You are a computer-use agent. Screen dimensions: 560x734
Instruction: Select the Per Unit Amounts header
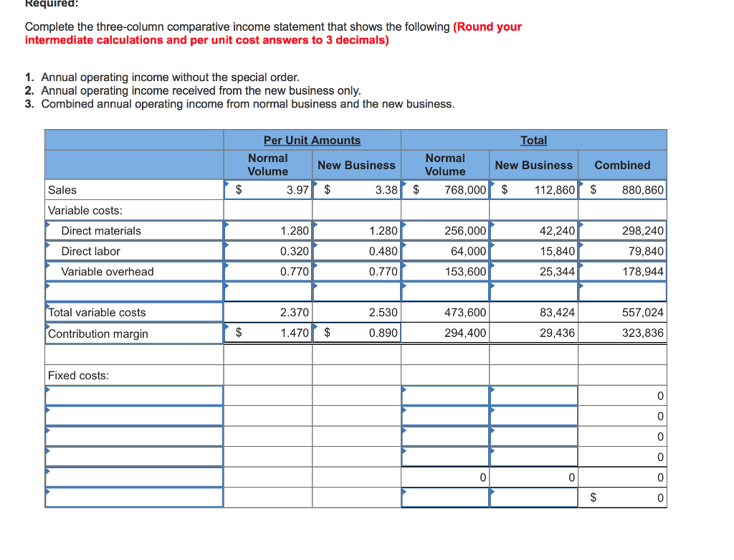(x=312, y=141)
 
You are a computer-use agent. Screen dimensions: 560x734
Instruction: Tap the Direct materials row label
(x=101, y=231)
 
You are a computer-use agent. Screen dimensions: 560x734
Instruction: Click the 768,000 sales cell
(x=465, y=190)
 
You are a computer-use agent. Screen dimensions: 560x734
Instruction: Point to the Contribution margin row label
(x=98, y=333)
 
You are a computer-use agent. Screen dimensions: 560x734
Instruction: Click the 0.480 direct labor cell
(x=383, y=251)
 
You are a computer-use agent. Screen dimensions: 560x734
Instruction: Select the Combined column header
(x=622, y=165)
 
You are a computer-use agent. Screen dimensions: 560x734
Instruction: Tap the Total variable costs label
(x=97, y=313)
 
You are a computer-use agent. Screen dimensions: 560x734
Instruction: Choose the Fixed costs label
(x=78, y=376)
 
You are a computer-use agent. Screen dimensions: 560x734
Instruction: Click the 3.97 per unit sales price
(x=297, y=190)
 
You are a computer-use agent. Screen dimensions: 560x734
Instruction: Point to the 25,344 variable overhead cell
(x=557, y=272)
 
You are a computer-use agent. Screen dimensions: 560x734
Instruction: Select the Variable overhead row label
(x=108, y=272)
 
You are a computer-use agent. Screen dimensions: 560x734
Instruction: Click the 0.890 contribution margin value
(x=383, y=333)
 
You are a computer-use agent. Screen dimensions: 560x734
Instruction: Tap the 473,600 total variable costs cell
(x=465, y=313)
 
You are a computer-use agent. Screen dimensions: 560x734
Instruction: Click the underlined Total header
(x=533, y=141)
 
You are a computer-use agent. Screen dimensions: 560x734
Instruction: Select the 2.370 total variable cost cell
(x=295, y=313)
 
